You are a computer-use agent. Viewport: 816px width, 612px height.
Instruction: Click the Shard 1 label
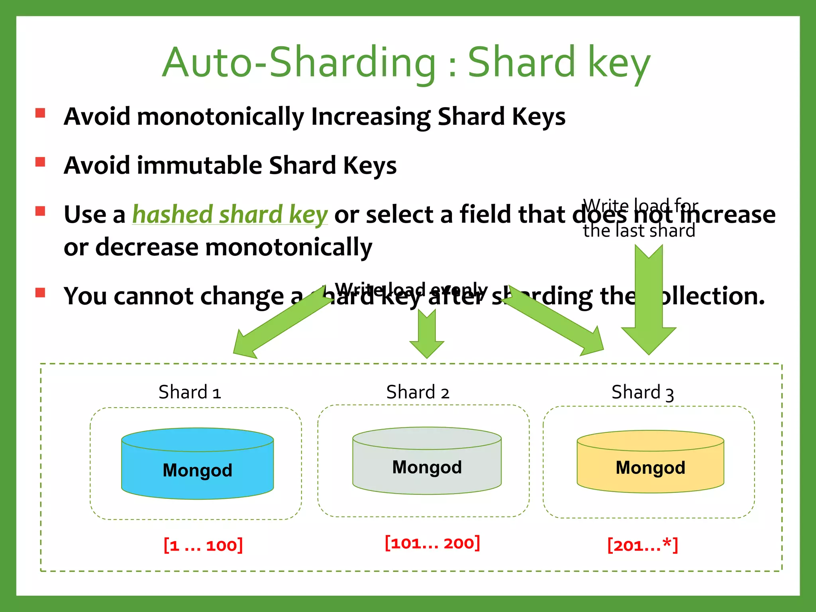click(190, 392)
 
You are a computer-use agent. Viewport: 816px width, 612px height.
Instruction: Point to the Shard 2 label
click(418, 392)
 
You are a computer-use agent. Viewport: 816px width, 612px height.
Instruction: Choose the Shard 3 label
click(642, 393)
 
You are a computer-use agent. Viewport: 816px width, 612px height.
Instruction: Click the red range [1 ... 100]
click(203, 545)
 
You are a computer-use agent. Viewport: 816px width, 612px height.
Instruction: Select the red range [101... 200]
click(432, 543)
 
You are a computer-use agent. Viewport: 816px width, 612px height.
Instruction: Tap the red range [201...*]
click(642, 545)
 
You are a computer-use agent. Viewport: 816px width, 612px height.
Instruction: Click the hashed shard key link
click(230, 215)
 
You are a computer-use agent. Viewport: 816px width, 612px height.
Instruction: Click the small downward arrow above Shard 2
click(427, 335)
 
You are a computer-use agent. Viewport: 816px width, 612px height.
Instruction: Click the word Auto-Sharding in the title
click(299, 63)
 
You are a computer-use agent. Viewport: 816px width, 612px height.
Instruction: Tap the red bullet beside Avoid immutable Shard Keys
click(40, 162)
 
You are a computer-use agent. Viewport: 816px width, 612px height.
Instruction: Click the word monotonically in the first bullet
click(220, 117)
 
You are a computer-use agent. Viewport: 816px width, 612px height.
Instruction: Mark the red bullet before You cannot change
click(40, 293)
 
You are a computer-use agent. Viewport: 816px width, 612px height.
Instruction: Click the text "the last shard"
click(639, 231)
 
